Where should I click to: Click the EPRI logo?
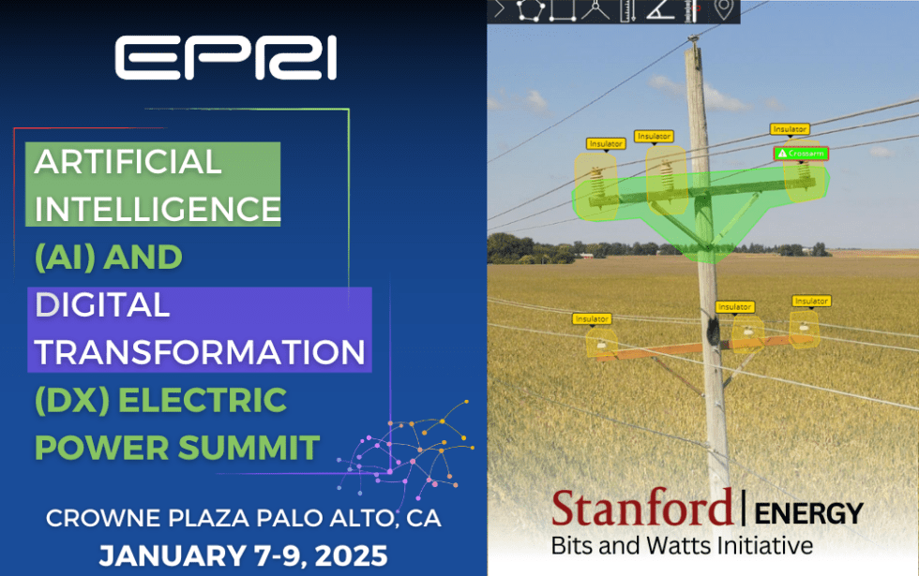pyautogui.click(x=225, y=60)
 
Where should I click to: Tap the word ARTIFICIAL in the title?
pyautogui.click(x=128, y=161)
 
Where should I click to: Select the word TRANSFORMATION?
pyautogui.click(x=200, y=352)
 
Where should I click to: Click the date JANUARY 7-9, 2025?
pyautogui.click(x=243, y=555)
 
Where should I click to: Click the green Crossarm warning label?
pyautogui.click(x=800, y=153)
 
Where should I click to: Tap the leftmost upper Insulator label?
pyautogui.click(x=606, y=144)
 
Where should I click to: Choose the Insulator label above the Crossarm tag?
pyautogui.click(x=789, y=129)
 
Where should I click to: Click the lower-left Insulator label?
pyautogui.click(x=592, y=319)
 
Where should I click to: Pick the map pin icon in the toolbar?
pyautogui.click(x=722, y=10)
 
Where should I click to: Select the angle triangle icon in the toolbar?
pyautogui.click(x=659, y=10)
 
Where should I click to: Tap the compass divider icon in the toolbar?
pyautogui.click(x=595, y=10)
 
